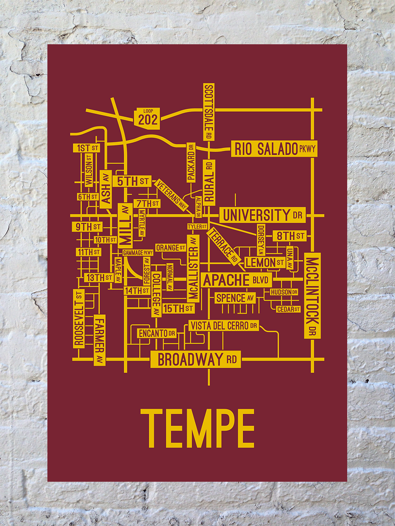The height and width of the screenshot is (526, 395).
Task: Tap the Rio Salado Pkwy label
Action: pos(274,149)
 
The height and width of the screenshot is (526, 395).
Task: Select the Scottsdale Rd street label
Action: pos(209,112)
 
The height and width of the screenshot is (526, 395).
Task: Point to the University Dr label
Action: pos(262,215)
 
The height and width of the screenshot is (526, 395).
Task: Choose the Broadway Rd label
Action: pos(196,359)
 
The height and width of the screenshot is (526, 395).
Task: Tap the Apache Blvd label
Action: pos(237,280)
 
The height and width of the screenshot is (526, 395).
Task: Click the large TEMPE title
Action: pos(197,428)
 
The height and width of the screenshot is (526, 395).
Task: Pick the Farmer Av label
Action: pos(100,340)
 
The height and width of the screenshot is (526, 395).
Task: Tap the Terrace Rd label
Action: pos(224,246)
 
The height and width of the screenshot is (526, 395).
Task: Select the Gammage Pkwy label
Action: pos(138,253)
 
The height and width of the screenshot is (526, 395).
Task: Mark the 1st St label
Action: pos(86,148)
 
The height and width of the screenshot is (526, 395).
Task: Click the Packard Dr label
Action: pos(191,162)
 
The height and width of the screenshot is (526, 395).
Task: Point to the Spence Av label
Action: pos(235,298)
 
